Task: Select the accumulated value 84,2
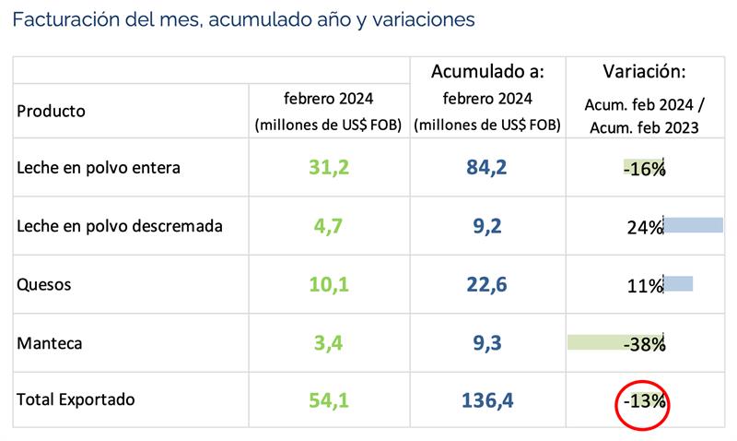pos(487,168)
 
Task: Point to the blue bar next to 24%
pos(693,225)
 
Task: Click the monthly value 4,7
pos(328,226)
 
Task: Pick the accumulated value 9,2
pos(487,226)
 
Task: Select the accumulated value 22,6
pos(487,285)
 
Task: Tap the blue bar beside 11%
pos(678,284)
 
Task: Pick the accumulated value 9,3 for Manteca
pos(487,344)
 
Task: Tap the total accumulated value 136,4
pos(487,401)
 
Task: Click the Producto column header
pos(52,111)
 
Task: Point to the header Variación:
pos(645,72)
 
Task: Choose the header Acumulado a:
pos(487,72)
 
